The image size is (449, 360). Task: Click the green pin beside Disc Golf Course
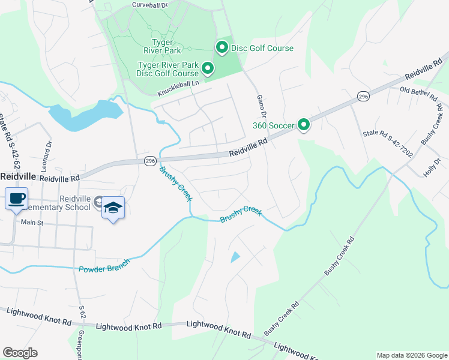click(x=221, y=47)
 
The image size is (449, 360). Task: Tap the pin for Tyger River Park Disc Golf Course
click(x=208, y=68)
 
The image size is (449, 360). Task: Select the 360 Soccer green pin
click(x=304, y=125)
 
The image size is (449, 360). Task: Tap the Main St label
click(x=33, y=222)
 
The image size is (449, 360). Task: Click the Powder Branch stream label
click(x=104, y=265)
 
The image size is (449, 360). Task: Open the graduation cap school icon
click(x=113, y=208)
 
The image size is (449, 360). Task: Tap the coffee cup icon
click(x=16, y=198)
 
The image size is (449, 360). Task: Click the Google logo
click(x=20, y=353)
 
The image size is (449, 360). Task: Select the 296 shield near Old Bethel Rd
click(x=363, y=96)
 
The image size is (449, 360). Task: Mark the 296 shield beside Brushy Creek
click(x=150, y=161)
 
